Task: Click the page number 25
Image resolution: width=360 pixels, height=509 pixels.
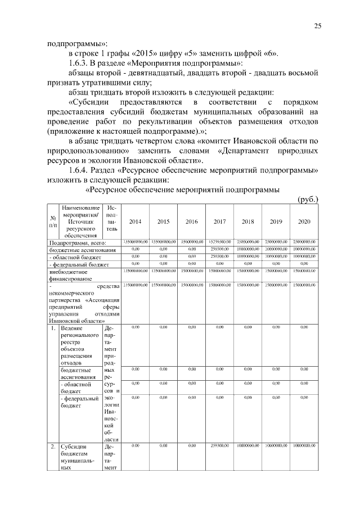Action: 317,26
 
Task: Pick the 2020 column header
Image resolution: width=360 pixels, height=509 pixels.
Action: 304,222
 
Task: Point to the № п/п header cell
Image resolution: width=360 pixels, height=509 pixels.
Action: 52,222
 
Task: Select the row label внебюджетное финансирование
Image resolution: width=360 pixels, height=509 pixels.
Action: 70,274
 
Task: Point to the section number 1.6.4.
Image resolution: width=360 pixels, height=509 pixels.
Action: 79,170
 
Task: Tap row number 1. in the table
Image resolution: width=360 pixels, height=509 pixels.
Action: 52,327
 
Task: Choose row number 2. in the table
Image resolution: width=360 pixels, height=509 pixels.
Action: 52,445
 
